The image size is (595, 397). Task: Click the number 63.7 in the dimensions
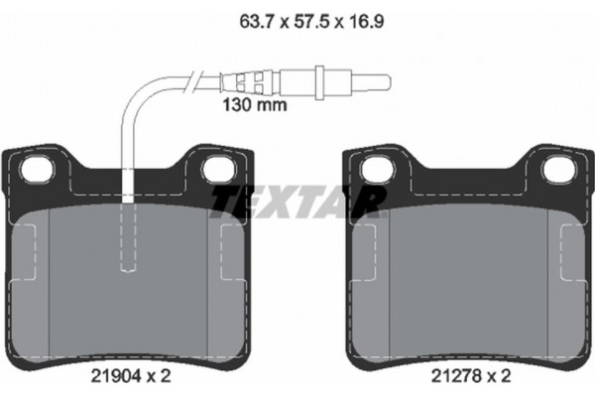250,17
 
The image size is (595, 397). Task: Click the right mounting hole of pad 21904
216,170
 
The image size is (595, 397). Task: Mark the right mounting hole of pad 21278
556,170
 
